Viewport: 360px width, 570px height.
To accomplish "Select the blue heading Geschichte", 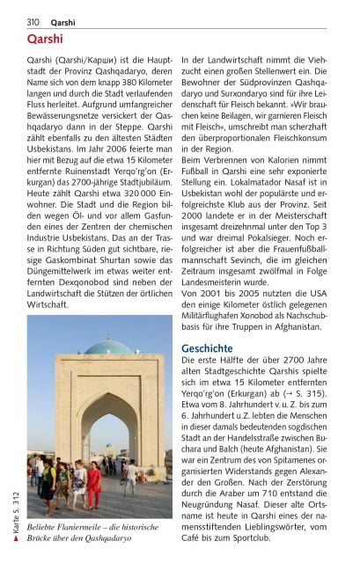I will pyautogui.click(x=206, y=348).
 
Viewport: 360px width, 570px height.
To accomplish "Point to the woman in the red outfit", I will pyautogui.click(x=92, y=483).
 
